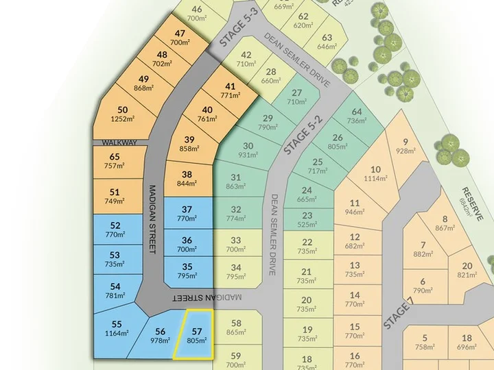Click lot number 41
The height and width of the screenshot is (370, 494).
point(230,86)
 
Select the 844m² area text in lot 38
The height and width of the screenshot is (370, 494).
point(187,183)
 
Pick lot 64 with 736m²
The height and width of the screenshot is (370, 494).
point(356,116)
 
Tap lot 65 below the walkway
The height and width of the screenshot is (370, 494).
point(115,161)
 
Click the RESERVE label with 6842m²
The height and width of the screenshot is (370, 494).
point(471,204)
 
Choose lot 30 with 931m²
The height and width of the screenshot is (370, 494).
point(248,150)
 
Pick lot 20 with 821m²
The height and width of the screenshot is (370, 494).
point(467,271)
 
